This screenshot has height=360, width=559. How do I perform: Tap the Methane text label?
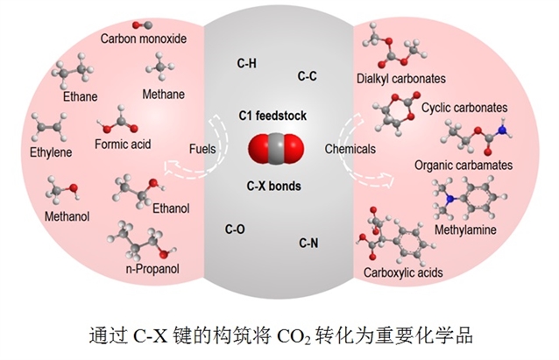[164, 94]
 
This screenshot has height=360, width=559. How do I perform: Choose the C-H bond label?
[247, 63]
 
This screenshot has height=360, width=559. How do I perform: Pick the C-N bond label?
[308, 242]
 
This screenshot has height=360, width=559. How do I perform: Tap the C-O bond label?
[236, 229]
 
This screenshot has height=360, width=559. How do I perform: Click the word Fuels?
[203, 149]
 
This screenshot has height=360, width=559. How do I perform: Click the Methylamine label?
[465, 230]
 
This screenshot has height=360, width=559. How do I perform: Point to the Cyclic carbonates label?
[464, 108]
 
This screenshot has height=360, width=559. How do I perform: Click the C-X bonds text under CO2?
[274, 185]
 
